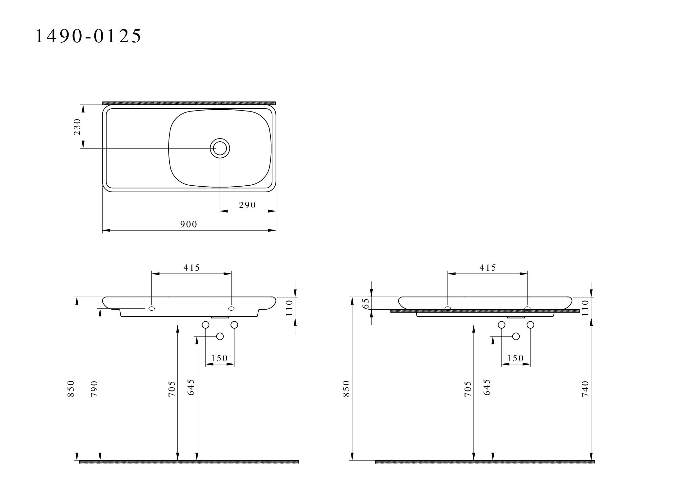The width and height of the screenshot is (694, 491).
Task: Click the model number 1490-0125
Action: tap(88, 36)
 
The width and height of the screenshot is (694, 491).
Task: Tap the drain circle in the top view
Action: tap(220, 148)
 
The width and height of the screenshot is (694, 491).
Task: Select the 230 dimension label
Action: tap(77, 127)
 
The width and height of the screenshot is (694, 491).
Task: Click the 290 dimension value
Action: tap(247, 205)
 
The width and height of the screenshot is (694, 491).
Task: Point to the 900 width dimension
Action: tap(189, 224)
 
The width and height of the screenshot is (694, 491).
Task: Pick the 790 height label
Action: tap(94, 389)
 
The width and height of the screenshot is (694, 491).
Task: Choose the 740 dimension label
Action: tap(585, 389)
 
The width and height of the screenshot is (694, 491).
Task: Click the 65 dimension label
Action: tap(367, 303)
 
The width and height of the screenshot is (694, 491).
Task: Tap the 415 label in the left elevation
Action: tap(191, 268)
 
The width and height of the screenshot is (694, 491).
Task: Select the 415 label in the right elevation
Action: tap(488, 268)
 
